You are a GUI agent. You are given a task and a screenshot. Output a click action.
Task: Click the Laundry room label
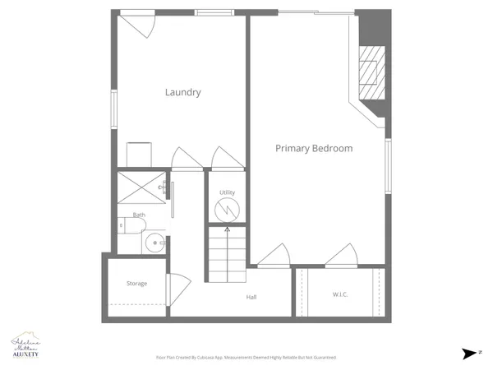(182, 92)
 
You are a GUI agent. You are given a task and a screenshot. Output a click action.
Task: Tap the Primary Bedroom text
(313, 149)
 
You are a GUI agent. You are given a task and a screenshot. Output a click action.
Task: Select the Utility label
(227, 193)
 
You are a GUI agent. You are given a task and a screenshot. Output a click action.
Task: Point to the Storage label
(136, 284)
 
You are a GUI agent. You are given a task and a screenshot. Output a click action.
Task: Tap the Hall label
(252, 297)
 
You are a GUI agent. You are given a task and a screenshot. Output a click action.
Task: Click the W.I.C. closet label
(340, 294)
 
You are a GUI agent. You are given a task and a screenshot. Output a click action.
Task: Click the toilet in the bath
(132, 224)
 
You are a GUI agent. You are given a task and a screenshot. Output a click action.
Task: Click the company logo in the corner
(28, 346)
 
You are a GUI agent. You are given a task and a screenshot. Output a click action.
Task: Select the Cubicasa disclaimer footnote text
(246, 358)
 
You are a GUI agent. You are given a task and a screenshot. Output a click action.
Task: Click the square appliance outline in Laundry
(139, 154)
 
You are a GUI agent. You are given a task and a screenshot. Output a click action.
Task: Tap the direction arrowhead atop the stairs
(227, 228)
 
